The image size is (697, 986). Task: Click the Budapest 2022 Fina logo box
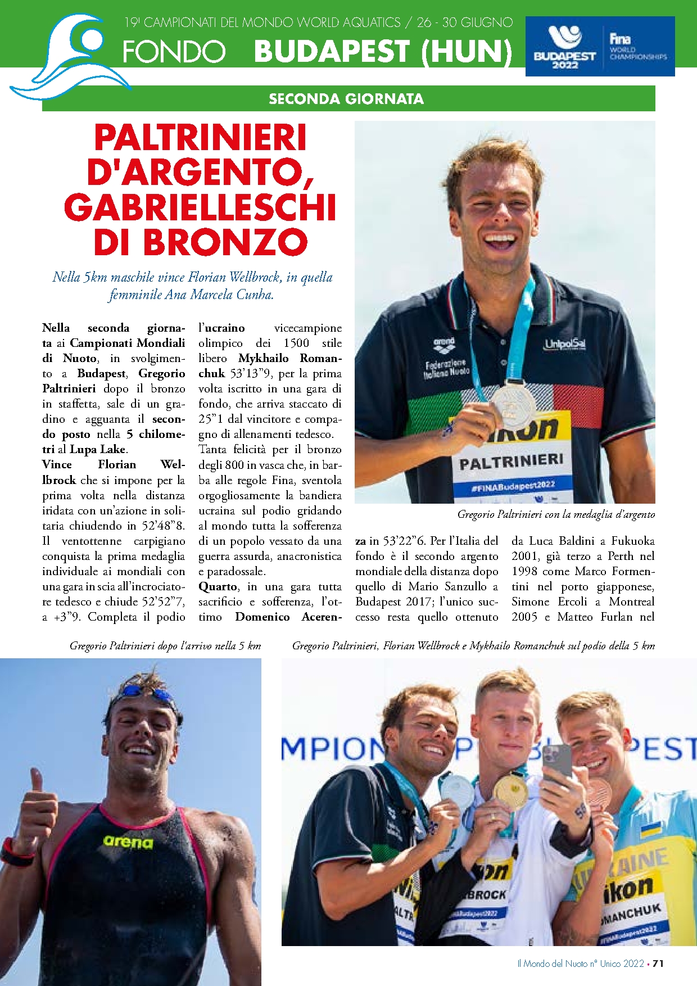(600, 46)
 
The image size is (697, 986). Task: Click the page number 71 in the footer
(658, 964)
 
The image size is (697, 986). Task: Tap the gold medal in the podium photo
(509, 792)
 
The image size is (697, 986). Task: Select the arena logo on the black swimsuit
(128, 842)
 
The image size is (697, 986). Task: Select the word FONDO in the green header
(174, 52)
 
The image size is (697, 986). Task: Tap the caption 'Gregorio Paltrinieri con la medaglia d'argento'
(556, 514)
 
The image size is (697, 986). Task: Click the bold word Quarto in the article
(218, 586)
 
